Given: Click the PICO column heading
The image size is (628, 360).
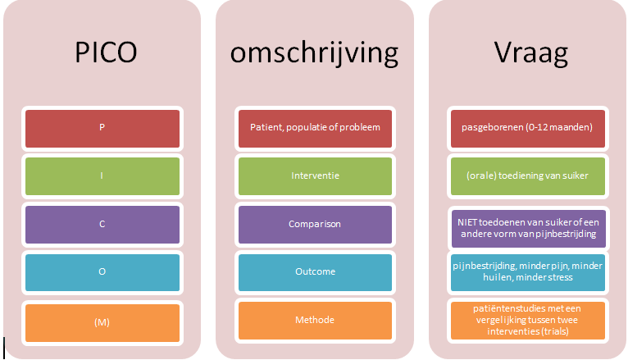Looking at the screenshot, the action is click(x=106, y=52).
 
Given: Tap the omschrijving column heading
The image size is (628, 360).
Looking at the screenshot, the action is click(x=314, y=53).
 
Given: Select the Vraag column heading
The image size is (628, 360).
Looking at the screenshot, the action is click(x=530, y=53).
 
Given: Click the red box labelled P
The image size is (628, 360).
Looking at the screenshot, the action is click(x=102, y=129).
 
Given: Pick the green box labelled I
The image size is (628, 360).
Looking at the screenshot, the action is click(x=102, y=176).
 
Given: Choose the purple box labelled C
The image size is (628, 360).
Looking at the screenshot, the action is click(x=102, y=225).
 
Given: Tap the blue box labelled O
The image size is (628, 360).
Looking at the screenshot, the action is click(x=102, y=272).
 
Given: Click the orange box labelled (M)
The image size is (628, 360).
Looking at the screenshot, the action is click(x=102, y=323).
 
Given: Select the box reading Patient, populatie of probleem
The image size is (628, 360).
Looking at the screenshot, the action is click(x=315, y=129).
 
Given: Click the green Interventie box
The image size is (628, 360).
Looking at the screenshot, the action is click(x=315, y=176).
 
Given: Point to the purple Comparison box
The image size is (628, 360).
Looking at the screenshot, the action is click(x=315, y=225).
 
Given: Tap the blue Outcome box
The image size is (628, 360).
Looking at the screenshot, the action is click(x=315, y=272).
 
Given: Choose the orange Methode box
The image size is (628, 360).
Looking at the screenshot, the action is click(x=315, y=321).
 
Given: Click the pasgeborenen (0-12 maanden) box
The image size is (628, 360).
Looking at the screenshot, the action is click(x=528, y=129).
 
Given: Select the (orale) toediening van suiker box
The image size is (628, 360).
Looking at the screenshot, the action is click(x=528, y=176).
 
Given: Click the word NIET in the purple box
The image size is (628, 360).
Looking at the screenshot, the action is click(x=467, y=223).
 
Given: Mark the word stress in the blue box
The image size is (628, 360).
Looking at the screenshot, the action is click(x=559, y=277).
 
